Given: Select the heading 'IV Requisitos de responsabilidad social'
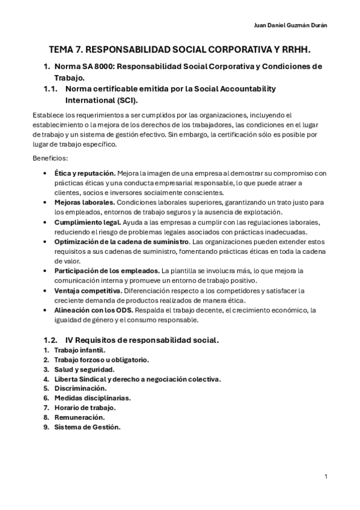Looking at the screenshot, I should click(142, 340).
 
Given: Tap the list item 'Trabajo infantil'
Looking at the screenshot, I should click(79, 350).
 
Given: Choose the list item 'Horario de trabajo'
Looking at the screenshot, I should click(84, 408).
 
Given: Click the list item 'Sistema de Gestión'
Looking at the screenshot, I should click(87, 427).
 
